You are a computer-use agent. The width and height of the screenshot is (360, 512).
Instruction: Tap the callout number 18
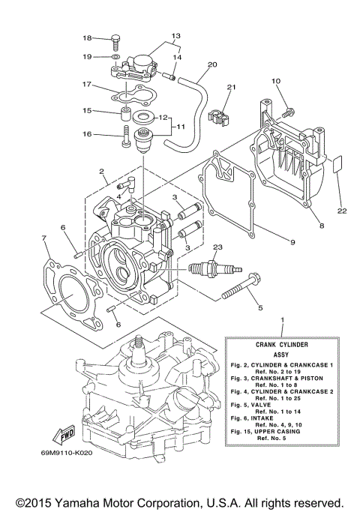[86, 38]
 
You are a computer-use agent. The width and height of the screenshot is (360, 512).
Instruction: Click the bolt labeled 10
[286, 111]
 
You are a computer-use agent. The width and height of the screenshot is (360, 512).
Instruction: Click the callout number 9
[292, 241]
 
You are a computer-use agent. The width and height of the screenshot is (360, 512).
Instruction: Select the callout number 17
[86, 85]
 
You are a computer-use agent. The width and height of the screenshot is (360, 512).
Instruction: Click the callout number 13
[175, 35]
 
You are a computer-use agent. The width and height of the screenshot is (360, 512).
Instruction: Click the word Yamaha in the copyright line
[89, 499]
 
